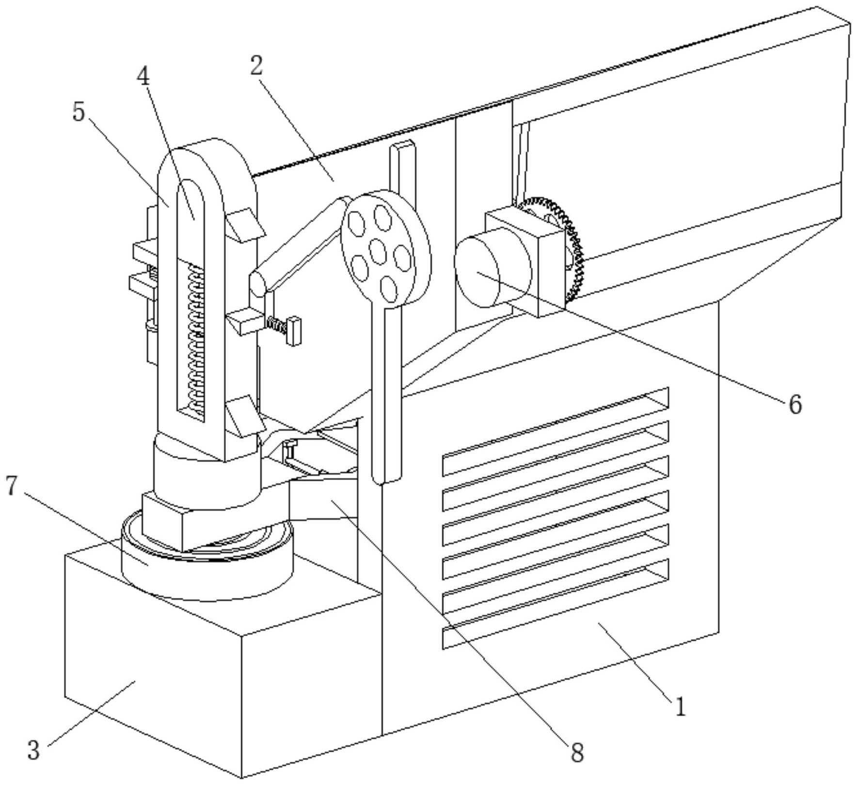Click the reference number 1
click(x=680, y=707)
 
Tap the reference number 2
click(x=256, y=66)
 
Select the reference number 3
click(x=33, y=750)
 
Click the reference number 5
click(x=79, y=112)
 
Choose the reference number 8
click(x=577, y=753)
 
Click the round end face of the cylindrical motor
click(x=477, y=272)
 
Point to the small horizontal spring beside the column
click(x=276, y=324)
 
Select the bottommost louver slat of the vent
click(x=556, y=604)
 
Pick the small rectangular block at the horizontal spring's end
click(x=294, y=331)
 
